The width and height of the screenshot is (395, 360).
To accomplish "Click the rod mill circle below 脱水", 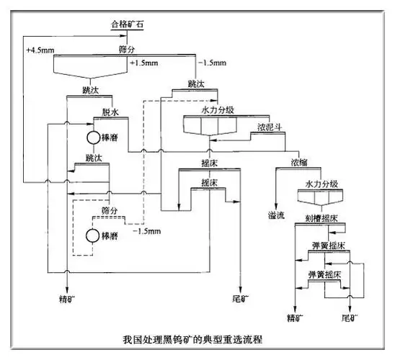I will click(92, 136).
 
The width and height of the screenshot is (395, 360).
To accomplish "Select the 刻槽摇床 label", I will click(321, 218).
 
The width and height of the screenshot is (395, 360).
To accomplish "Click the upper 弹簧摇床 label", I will click(327, 246).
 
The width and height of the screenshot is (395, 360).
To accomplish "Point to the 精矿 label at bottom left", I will click(66, 297).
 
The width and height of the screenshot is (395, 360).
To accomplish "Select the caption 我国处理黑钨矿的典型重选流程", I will click(197, 339).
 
